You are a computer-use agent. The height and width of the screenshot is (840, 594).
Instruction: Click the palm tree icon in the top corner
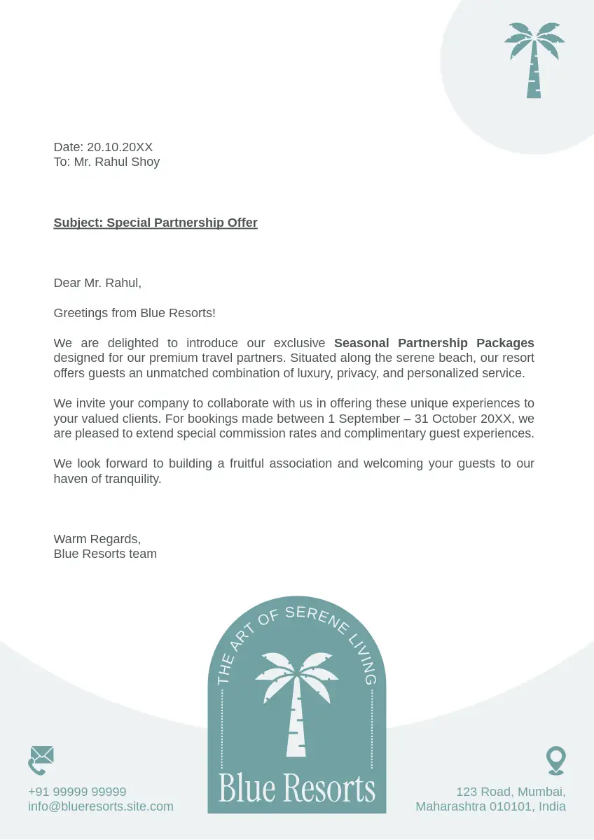(x=534, y=59)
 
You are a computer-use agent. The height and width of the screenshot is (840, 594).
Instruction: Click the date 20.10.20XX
(x=120, y=147)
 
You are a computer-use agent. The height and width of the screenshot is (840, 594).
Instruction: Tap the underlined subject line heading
(x=156, y=223)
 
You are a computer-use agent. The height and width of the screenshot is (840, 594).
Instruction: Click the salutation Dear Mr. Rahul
(x=97, y=283)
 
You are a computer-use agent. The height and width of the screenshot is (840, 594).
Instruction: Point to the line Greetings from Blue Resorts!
(x=134, y=313)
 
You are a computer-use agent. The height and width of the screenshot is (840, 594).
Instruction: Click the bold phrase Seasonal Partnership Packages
(x=434, y=343)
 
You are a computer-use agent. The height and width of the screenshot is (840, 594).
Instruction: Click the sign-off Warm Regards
(x=97, y=539)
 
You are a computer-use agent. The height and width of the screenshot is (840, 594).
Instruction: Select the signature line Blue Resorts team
(x=105, y=554)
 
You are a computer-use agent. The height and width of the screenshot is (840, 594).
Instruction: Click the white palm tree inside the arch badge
(x=297, y=700)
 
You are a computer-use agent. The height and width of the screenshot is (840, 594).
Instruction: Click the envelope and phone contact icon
(x=41, y=760)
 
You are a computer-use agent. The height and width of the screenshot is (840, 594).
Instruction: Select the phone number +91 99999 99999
(x=77, y=792)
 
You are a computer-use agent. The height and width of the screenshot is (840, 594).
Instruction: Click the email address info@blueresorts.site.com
(x=101, y=806)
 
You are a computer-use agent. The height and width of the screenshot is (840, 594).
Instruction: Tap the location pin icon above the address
(x=555, y=760)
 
